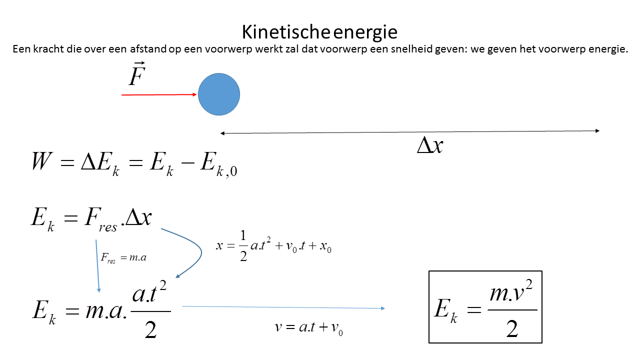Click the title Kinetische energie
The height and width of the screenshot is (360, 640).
click(319, 32)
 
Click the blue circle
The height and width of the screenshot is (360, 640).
click(219, 94)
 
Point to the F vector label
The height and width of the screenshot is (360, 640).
click(136, 75)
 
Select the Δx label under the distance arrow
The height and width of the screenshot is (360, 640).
click(430, 145)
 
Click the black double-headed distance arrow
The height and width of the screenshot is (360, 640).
click(409, 132)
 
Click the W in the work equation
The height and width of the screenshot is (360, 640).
click(41, 162)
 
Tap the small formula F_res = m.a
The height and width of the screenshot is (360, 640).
click(124, 257)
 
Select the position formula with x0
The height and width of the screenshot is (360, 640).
click(274, 246)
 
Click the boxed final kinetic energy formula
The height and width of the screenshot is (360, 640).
click(485, 307)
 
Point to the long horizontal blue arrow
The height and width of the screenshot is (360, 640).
click(283, 307)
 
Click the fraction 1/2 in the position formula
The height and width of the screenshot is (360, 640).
click(243, 246)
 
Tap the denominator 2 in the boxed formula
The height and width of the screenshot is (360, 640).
click(511, 329)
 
